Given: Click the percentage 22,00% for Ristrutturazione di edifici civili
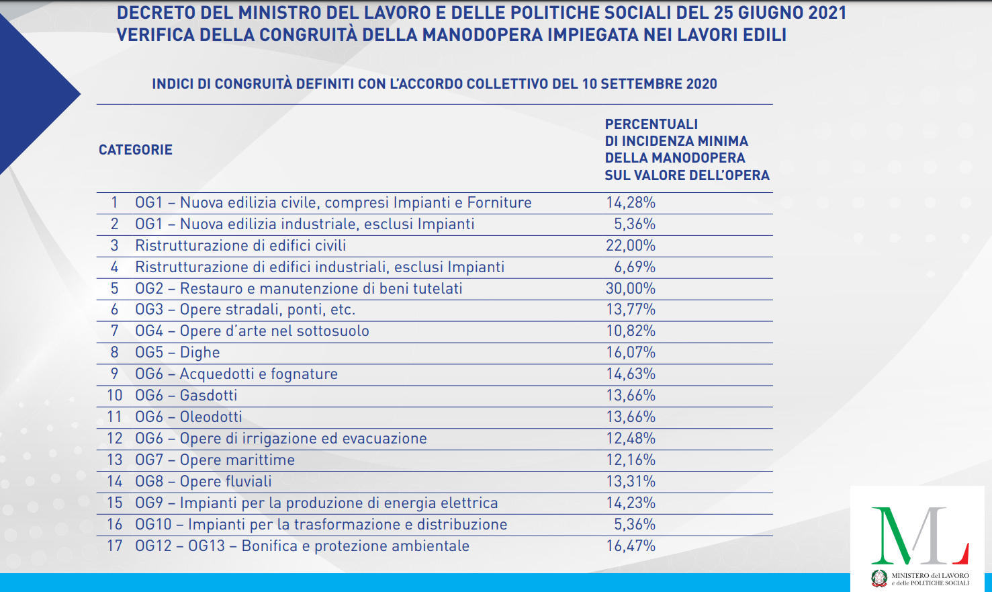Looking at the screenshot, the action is [630, 245].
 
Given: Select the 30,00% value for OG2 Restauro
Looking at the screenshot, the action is [630, 288].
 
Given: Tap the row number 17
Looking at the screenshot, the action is [114, 546].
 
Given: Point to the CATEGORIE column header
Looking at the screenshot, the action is [136, 150].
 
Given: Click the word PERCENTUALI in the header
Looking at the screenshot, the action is [651, 124].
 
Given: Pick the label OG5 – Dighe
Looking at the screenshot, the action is [177, 352].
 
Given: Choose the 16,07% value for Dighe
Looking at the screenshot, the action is [630, 352].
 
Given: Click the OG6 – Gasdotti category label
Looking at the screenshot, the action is [186, 395].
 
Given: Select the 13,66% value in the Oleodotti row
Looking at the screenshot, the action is [630, 417].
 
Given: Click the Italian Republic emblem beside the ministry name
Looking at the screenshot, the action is [879, 579].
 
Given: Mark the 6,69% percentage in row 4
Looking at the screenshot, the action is [634, 267].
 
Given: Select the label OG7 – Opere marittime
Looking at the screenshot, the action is [215, 460].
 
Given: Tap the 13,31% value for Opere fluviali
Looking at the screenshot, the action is [630, 481].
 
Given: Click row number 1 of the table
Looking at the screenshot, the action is [114, 202].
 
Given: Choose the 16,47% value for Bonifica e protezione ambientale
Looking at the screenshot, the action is [630, 546].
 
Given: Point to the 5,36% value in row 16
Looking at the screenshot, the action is [634, 524].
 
